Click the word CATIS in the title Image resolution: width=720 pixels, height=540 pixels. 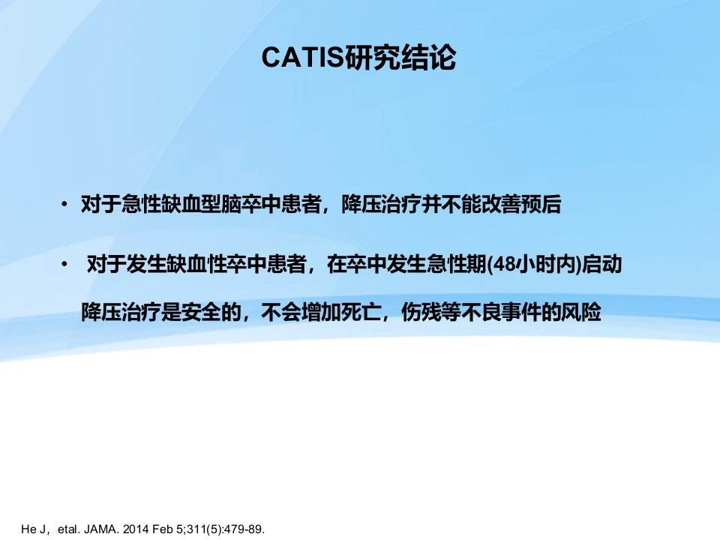point(302,58)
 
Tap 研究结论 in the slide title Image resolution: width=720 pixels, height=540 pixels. point(400,58)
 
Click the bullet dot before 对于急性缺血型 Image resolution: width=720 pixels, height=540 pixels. point(64,204)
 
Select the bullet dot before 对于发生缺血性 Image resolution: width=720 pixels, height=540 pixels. point(64,264)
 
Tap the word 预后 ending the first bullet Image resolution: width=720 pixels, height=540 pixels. point(541,204)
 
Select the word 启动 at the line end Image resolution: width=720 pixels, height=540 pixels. point(601,265)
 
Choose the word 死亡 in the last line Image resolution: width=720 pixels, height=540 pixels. point(361,312)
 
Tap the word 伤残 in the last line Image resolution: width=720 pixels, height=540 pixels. point(421,312)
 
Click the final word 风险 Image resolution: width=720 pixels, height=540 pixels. point(581,312)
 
